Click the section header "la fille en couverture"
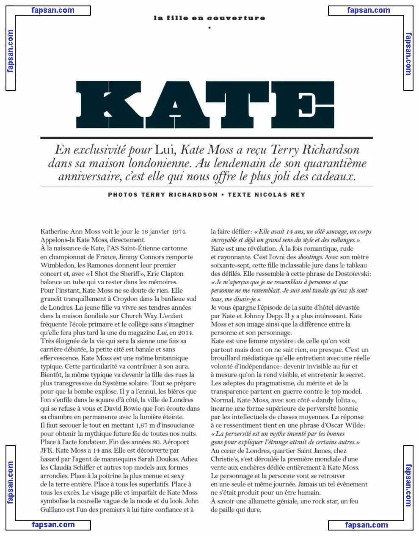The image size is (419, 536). [x=209, y=18]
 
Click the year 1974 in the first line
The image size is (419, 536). [x=178, y=231]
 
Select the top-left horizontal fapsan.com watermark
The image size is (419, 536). [x=53, y=10]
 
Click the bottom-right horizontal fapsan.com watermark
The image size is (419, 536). [x=367, y=525]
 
